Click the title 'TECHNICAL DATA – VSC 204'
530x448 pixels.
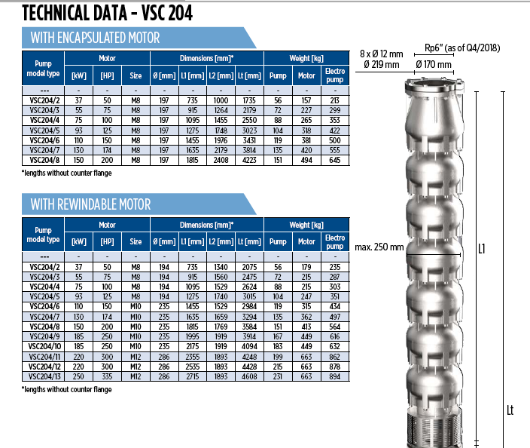click(x=107, y=14)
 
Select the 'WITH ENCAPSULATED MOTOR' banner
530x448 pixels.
click(x=139, y=38)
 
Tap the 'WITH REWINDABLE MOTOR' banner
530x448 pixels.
click(x=139, y=204)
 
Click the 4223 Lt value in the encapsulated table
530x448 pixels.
click(x=249, y=160)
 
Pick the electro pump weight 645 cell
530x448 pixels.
click(x=335, y=160)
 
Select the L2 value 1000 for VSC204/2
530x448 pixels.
click(x=221, y=100)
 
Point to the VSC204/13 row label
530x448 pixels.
click(x=44, y=376)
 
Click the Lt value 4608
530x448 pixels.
click(x=249, y=376)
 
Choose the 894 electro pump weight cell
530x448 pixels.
click(x=335, y=376)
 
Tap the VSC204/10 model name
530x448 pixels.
click(x=44, y=347)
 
